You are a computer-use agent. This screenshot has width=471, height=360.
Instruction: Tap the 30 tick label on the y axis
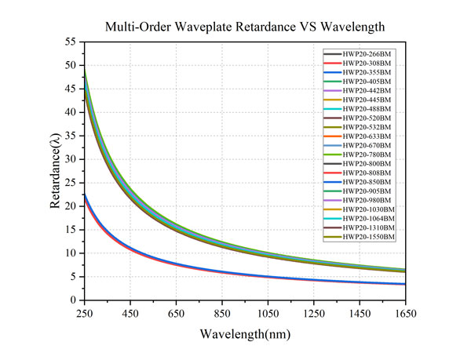71,159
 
